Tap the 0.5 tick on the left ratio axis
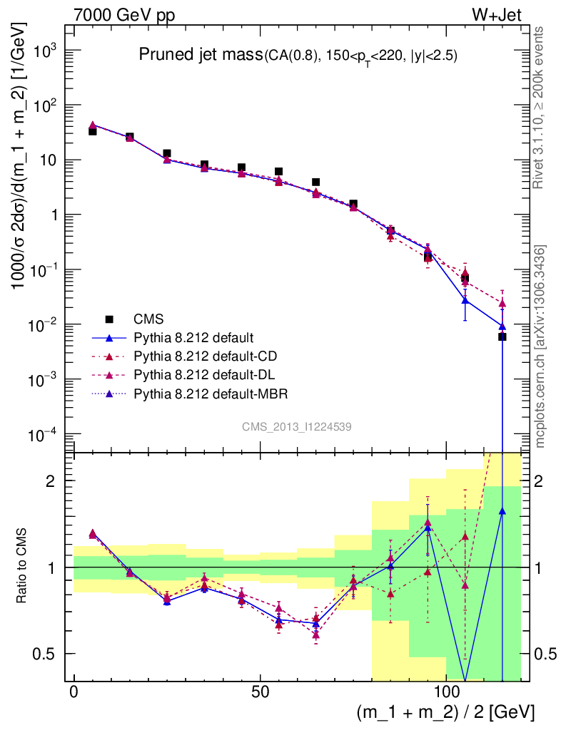49,654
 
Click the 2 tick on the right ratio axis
541,481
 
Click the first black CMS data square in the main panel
92,131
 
